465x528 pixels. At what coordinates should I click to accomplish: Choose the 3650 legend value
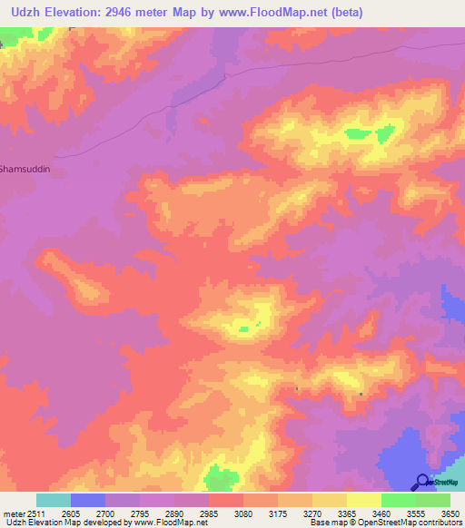click(x=451, y=513)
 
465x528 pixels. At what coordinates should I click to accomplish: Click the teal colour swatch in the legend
click(x=54, y=500)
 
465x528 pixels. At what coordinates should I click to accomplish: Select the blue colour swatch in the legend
click(x=88, y=500)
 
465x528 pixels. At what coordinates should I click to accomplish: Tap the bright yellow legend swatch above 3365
click(x=363, y=500)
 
